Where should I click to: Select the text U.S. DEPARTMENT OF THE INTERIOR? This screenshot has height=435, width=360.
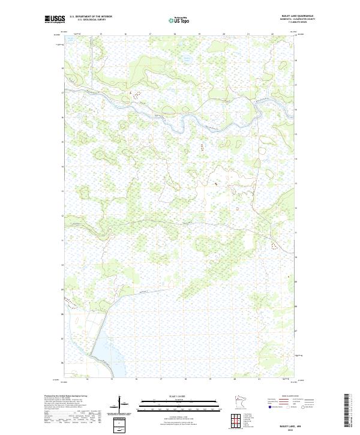[91, 17]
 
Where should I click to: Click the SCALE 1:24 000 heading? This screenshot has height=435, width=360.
[179, 397]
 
